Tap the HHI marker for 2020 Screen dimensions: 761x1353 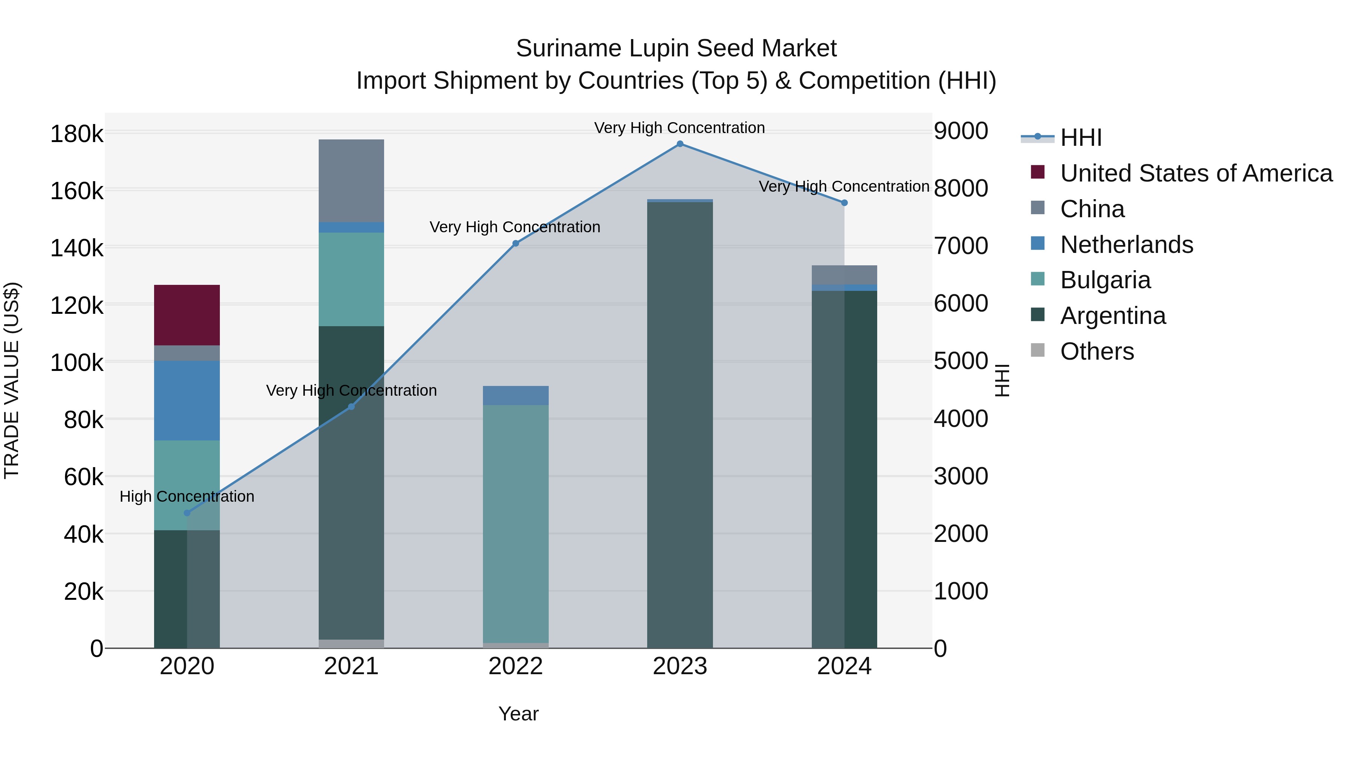(187, 513)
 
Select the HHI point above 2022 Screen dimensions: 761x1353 (516, 244)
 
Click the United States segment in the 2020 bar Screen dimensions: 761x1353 (187, 315)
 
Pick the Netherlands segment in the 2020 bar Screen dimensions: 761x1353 (187, 400)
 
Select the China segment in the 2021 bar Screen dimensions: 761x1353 (351, 181)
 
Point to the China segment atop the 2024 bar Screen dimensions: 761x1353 (844, 275)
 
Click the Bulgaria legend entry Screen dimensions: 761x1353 (1105, 280)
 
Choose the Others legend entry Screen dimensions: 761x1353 (1097, 351)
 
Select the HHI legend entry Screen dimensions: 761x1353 (1081, 138)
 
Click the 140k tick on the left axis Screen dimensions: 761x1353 (77, 248)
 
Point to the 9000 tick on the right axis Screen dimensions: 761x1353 (961, 131)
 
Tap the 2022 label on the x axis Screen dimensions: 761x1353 (516, 666)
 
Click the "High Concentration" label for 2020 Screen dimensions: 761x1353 (187, 496)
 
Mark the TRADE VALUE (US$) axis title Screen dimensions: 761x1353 (12, 380)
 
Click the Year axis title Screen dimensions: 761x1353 (518, 714)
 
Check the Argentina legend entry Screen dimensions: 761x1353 (1112, 316)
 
